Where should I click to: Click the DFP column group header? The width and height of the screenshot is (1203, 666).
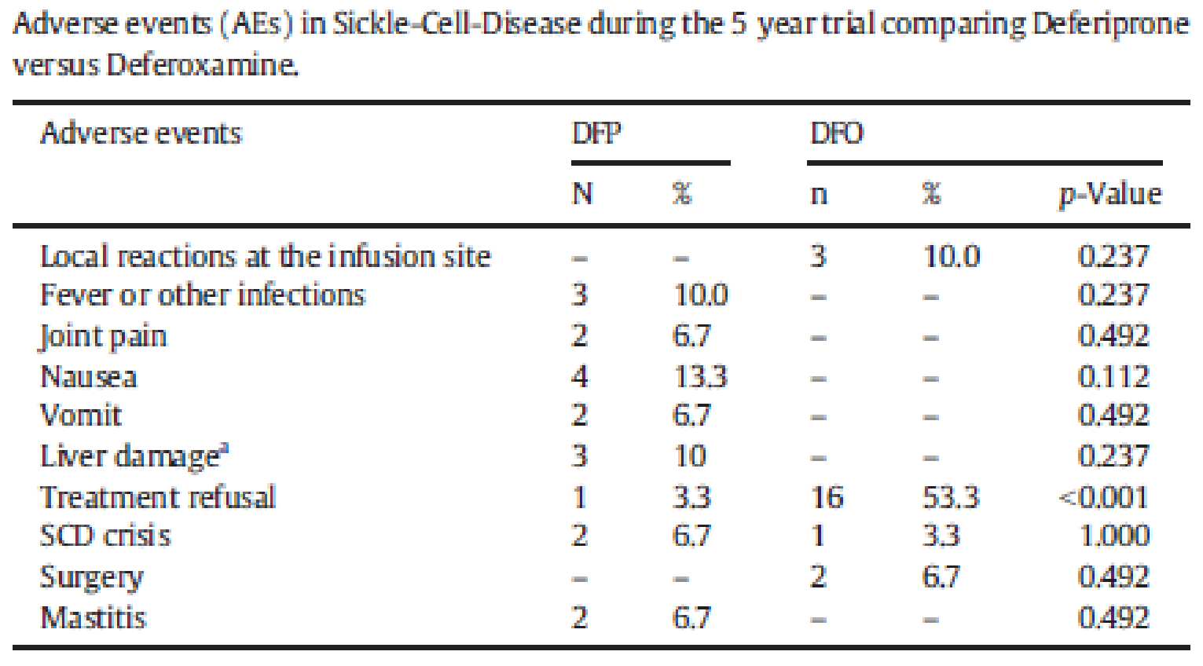click(596, 133)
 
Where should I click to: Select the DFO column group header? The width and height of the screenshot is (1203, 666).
click(837, 133)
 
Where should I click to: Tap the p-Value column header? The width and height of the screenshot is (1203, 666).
click(1109, 194)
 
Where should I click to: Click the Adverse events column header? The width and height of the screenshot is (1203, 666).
click(141, 133)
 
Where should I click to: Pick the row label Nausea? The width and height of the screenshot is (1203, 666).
click(89, 376)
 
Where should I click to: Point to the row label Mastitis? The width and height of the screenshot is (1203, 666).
click(94, 617)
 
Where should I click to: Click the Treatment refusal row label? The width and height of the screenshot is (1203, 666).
click(158, 497)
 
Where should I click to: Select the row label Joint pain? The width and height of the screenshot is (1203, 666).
click(103, 336)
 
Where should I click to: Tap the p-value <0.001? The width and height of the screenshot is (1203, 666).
click(1104, 497)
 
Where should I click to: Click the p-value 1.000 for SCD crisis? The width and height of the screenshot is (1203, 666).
click(1113, 536)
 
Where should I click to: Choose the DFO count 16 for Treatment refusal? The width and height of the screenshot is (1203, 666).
click(827, 497)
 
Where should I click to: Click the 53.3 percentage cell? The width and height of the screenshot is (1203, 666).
click(950, 497)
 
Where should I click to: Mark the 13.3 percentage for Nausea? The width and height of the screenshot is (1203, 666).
click(700, 376)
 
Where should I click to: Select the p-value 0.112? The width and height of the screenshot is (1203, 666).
click(1113, 376)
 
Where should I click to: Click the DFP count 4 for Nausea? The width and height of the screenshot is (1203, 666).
click(579, 376)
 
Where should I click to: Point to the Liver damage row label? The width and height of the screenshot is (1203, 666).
click(134, 456)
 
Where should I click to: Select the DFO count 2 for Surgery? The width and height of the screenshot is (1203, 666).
click(818, 576)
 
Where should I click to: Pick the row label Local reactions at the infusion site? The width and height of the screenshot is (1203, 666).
click(265, 256)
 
